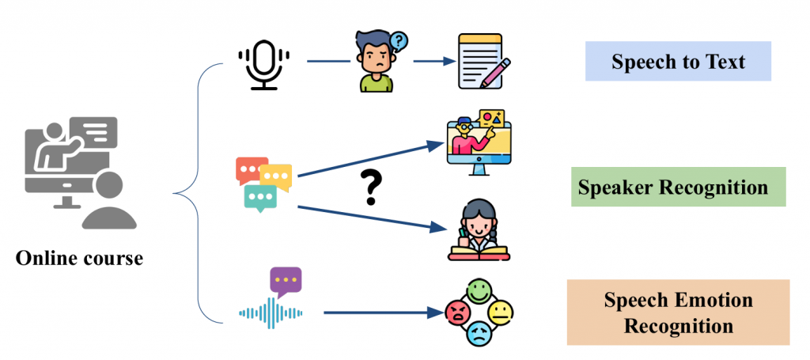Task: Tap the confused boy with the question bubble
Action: coord(376,61)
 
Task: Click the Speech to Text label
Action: coord(678,62)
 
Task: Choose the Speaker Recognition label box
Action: coord(678,187)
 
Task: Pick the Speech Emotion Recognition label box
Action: coord(678,313)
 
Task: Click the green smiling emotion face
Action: coord(479,291)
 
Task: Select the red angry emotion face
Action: coord(457,313)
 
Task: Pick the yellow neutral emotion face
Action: coord(500,313)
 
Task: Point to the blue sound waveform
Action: coord(271,313)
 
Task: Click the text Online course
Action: coord(80,259)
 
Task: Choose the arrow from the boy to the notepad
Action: coord(430,61)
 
